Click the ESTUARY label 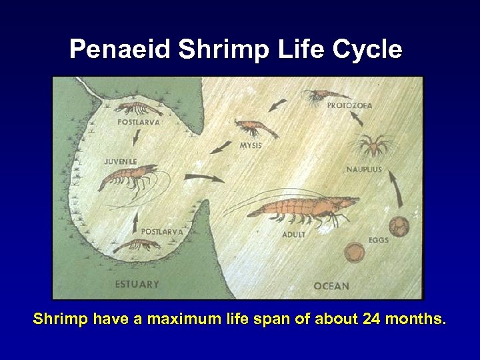137,284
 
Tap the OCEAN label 331,286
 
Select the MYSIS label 250,145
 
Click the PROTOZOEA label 349,105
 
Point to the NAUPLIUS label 364,169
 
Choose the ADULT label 294,235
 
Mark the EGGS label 378,240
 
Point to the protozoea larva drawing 320,97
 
